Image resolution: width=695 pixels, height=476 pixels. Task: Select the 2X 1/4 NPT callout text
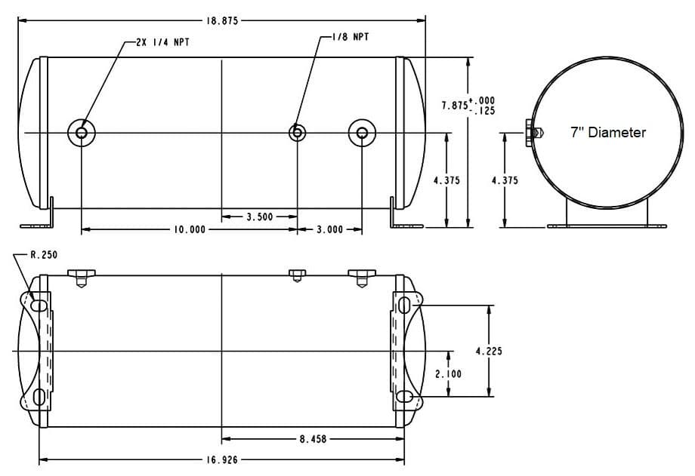[162, 43]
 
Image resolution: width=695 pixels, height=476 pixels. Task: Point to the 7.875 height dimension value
[455, 106]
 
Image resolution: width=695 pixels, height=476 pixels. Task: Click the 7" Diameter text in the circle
[607, 133]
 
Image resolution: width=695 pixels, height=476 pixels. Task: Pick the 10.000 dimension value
[189, 229]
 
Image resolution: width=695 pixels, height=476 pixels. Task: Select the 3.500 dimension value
[260, 217]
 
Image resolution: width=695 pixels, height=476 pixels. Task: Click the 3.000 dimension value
[329, 229]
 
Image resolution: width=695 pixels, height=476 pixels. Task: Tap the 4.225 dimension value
[490, 351]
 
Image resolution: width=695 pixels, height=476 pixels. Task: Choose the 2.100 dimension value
[448, 373]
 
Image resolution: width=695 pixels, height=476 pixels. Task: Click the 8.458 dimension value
[313, 438]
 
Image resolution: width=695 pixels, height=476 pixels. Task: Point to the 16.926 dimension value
[221, 459]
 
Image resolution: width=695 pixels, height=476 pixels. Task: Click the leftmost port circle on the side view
[81, 133]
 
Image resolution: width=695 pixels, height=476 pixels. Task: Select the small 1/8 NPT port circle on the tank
[298, 133]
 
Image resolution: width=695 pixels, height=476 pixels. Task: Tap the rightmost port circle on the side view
[362, 133]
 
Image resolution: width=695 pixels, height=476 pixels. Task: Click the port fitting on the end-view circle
[532, 132]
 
